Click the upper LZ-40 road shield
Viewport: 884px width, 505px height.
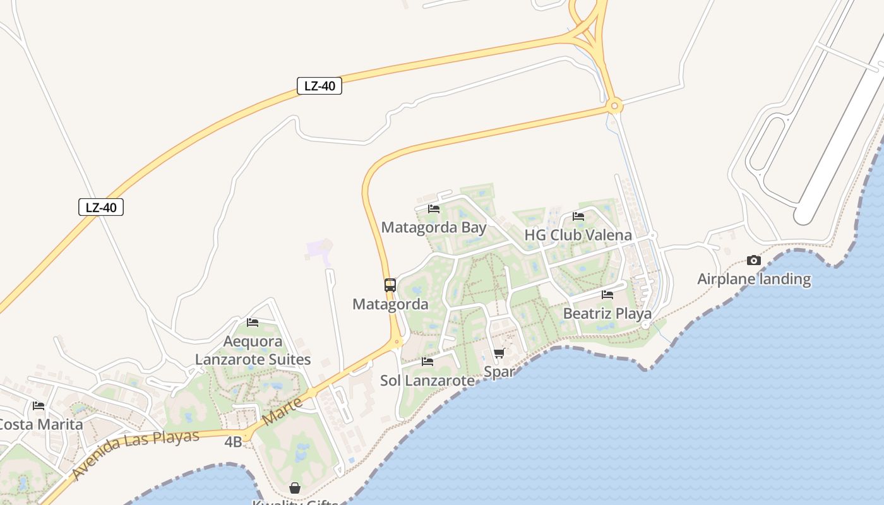coord(320,86)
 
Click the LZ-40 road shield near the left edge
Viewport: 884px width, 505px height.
coord(101,207)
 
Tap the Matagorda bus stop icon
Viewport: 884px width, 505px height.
coord(390,285)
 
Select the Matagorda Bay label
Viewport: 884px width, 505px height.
coord(434,227)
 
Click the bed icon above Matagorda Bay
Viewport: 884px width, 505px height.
coord(434,208)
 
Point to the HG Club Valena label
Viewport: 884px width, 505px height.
coord(578,235)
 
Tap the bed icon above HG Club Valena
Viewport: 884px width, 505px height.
coord(578,217)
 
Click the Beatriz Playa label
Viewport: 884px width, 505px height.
coord(607,313)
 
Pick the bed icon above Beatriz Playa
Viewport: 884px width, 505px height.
coord(607,294)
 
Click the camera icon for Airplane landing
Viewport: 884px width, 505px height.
coord(753,260)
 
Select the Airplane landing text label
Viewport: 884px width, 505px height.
coord(754,279)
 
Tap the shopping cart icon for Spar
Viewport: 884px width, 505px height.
coord(499,353)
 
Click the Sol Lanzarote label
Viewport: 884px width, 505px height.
coord(427,381)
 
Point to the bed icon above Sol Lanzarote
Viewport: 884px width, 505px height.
coord(427,362)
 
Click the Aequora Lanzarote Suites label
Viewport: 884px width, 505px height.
coord(253,350)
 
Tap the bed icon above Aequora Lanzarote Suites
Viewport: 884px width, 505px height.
coord(253,323)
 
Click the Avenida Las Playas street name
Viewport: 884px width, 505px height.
coord(136,453)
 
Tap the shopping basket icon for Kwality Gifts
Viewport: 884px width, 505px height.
coord(295,488)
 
